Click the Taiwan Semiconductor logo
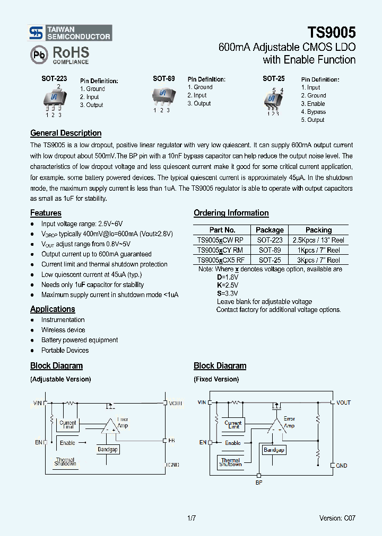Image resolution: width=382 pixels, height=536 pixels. (x=70, y=33)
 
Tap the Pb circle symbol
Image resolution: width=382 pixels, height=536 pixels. (x=39, y=55)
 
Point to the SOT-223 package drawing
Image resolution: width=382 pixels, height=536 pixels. (x=54, y=99)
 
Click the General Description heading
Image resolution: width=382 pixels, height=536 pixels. (x=66, y=133)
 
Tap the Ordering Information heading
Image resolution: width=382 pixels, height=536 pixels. (x=231, y=213)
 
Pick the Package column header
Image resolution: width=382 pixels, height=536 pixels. (x=270, y=230)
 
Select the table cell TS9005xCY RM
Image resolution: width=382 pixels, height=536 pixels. (x=220, y=250)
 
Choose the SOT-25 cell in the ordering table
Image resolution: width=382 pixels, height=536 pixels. (x=270, y=260)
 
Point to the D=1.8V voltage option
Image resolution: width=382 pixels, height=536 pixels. (x=228, y=277)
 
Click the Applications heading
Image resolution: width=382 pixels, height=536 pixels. (x=53, y=309)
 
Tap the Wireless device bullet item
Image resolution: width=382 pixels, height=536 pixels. (x=63, y=330)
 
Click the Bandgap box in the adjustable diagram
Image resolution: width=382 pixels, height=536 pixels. (x=108, y=449)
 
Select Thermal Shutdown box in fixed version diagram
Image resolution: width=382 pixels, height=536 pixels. (x=231, y=462)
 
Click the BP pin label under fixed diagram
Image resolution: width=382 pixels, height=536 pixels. (x=259, y=483)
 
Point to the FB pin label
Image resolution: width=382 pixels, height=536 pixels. (x=171, y=441)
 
